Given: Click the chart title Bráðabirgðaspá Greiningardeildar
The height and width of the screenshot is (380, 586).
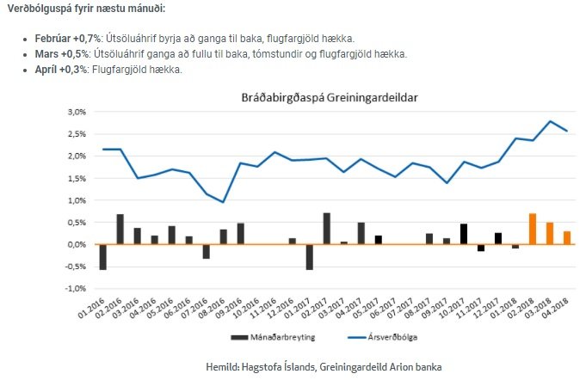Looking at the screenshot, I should pos(329,97).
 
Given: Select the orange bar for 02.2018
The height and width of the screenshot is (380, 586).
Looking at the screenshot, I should pos(533,229).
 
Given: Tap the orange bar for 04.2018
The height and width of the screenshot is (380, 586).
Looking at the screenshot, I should pos(567,237).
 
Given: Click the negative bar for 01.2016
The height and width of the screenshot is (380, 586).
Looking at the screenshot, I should pos(103,256).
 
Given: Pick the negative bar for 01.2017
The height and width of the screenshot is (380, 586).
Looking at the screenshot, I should pos(310,256).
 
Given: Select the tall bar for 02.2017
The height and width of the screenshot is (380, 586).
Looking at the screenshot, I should pos(327,229).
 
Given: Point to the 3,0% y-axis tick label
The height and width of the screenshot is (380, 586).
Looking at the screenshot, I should pos(77,112).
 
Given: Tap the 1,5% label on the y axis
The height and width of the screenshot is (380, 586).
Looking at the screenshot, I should pos(77,178).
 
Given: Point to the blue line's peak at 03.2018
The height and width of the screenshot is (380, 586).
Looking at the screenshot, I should pos(550,121).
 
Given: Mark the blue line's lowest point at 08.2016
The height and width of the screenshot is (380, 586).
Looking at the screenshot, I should pos(223,202).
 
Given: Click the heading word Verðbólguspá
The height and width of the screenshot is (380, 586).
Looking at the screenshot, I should pos(43,9).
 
